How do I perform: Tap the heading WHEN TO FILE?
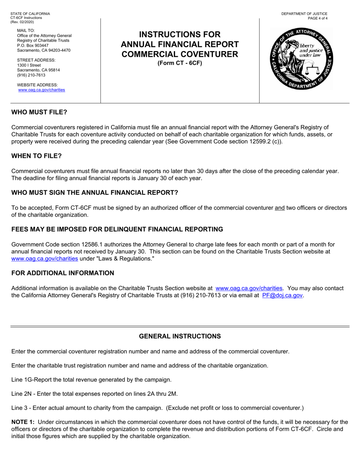coord(36,156)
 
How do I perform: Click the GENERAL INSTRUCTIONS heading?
coord(180,336)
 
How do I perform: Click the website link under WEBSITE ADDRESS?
coord(42,90)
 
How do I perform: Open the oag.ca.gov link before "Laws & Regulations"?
coord(45,259)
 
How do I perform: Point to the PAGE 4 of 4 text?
coord(318,18)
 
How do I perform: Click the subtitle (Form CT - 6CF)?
coord(180,63)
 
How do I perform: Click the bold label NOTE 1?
coord(23,422)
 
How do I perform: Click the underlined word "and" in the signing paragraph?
coord(279,208)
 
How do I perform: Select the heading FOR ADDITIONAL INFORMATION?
coord(63,273)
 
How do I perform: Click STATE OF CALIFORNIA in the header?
coord(30,14)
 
